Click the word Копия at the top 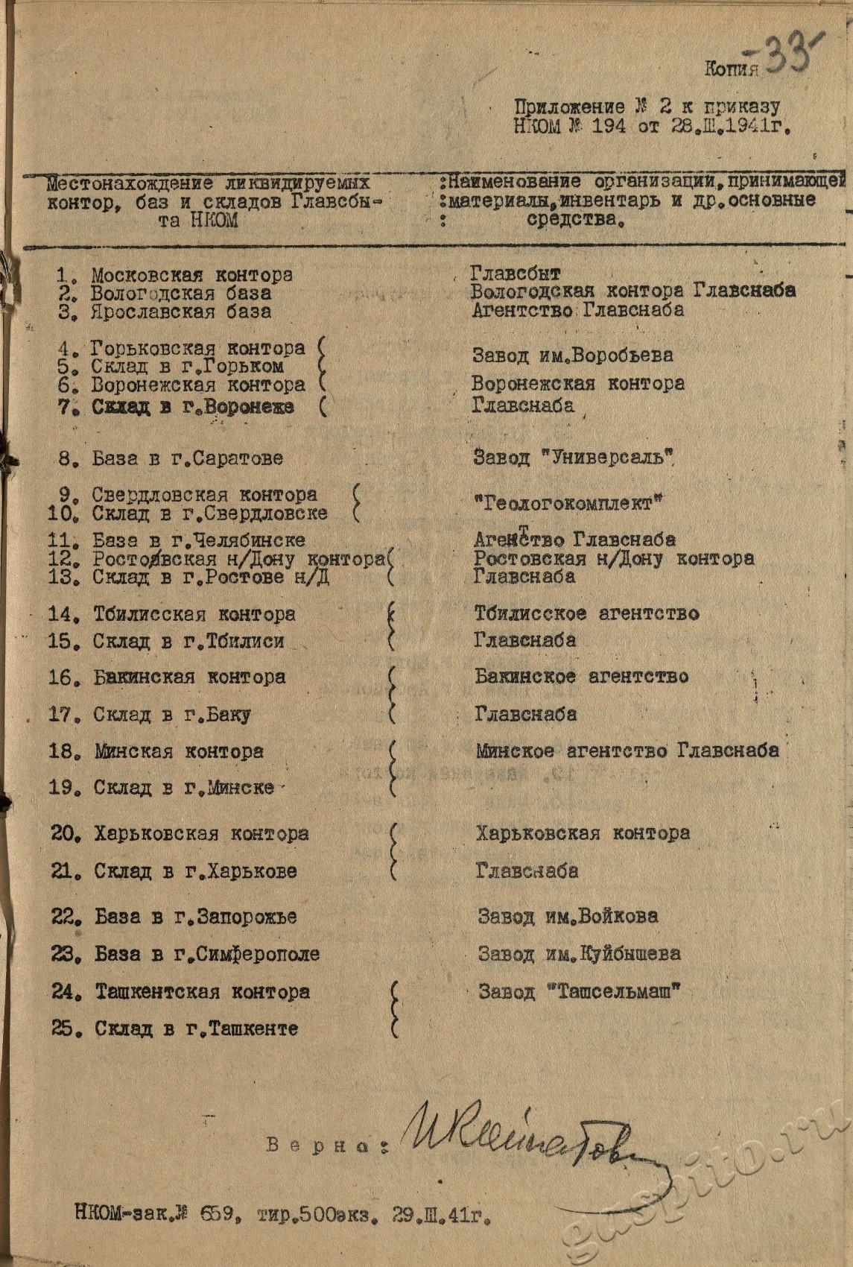point(731,70)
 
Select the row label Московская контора point(191,276)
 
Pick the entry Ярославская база point(181,312)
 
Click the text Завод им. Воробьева point(572,356)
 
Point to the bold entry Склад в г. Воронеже point(192,407)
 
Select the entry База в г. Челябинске point(198,540)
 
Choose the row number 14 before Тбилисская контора point(64,615)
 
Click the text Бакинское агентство point(581,677)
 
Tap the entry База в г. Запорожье point(195,917)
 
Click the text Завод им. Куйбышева point(579,954)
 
